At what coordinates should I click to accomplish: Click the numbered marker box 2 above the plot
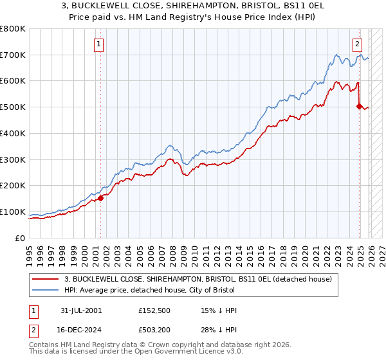click(x=357, y=44)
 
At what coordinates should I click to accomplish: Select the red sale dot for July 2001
click(x=101, y=198)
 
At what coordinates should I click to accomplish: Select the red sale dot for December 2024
click(x=360, y=106)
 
